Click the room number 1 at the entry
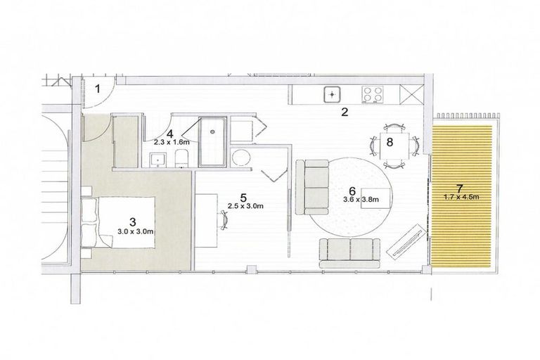pyautogui.click(x=99, y=88)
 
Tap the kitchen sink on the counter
pyautogui.click(x=332, y=93)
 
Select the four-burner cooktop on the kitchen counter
pyautogui.click(x=372, y=93)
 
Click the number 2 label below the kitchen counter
pyautogui.click(x=345, y=111)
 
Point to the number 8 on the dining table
pyautogui.click(x=390, y=141)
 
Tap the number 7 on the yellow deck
pyautogui.click(x=459, y=187)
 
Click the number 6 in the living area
pyautogui.click(x=353, y=190)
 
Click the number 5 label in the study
pyautogui.click(x=243, y=197)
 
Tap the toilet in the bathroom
pyautogui.click(x=181, y=159)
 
